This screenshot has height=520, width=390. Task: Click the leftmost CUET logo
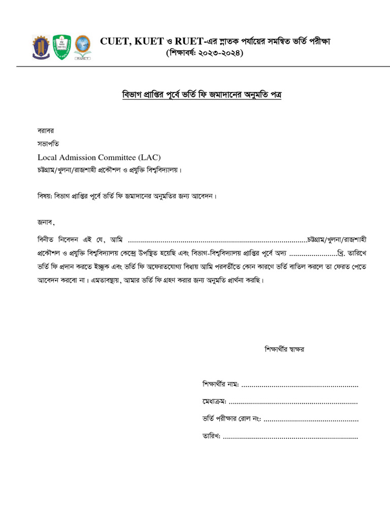(42, 47)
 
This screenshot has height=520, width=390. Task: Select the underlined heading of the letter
(201, 94)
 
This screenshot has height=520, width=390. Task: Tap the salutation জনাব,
(46, 222)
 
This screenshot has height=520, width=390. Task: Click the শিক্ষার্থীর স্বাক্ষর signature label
(284, 349)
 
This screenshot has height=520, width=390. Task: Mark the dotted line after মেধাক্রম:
(294, 403)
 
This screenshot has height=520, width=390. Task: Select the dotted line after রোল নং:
(311, 420)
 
